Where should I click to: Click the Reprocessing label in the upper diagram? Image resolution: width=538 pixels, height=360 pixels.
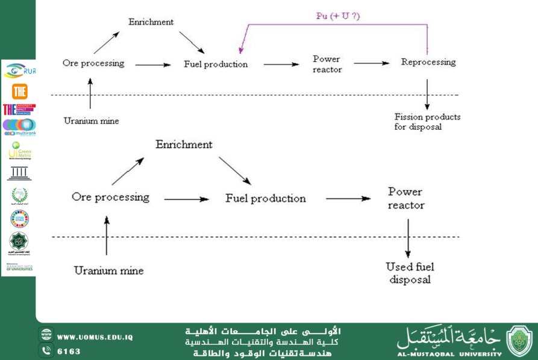(x=428, y=62)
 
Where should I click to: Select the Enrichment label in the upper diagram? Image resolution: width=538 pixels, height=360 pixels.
(x=151, y=22)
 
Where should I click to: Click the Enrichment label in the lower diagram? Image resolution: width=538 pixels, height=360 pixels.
(x=184, y=145)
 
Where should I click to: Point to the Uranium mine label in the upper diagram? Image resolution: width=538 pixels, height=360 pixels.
(x=92, y=121)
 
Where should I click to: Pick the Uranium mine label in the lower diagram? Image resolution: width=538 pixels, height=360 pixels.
(x=109, y=271)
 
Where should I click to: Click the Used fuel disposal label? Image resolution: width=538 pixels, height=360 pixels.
(x=410, y=273)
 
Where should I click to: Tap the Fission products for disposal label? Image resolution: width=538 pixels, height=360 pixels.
(x=427, y=122)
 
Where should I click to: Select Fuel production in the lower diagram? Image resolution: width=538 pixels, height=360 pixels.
(x=266, y=198)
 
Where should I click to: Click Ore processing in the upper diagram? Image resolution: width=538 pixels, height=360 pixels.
(x=93, y=63)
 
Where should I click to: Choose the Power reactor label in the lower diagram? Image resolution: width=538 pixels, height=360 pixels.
(x=405, y=198)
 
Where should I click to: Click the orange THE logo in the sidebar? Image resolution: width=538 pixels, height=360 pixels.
(x=20, y=91)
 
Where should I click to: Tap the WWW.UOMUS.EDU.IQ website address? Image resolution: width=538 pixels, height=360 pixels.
(x=95, y=336)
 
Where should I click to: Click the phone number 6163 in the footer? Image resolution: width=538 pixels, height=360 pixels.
(x=69, y=351)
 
